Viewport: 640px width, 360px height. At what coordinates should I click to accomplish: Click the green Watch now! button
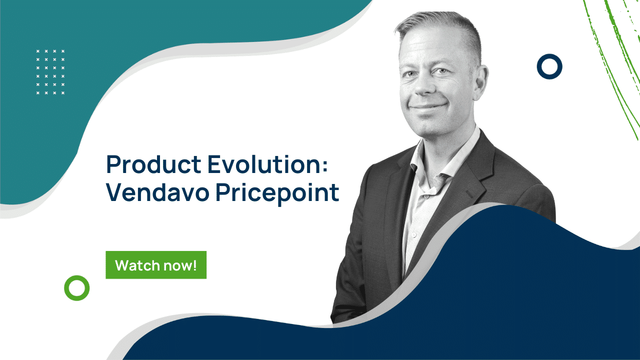(156, 265)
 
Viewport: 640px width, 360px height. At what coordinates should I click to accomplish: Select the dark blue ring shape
(549, 66)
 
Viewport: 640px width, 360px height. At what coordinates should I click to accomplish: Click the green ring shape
(76, 288)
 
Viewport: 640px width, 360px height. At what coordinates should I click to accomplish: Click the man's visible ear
(482, 80)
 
